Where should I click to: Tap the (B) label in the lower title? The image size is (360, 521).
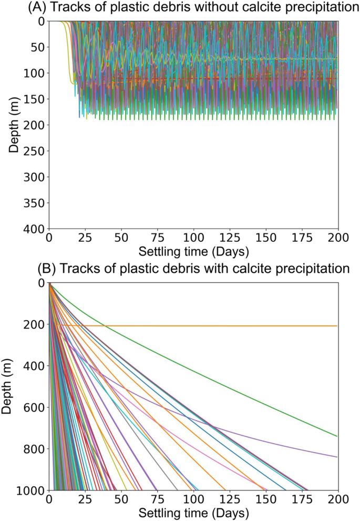click(46, 269)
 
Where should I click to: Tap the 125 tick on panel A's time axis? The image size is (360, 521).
click(223, 238)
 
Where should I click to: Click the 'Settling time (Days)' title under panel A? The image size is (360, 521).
click(193, 250)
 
